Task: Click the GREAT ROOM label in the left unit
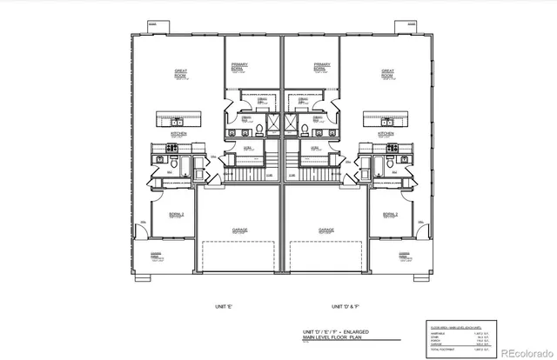pos(181,74)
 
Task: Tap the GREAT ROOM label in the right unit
pos(387,74)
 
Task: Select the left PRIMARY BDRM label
pos(239,66)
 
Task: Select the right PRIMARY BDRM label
pos(322,66)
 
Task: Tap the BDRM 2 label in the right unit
pos(390,214)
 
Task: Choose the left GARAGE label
pos(239,230)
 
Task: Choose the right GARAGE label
pos(325,230)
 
